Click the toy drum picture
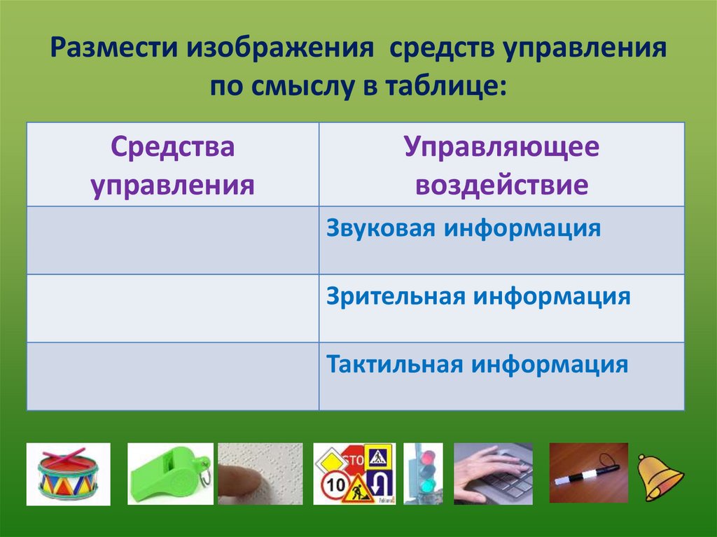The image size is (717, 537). [68, 473]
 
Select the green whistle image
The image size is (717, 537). [169, 473]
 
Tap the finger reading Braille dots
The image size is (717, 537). [260, 473]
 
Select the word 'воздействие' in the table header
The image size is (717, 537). [501, 186]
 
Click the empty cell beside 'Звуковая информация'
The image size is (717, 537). [173, 240]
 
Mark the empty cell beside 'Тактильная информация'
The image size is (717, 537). [173, 376]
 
